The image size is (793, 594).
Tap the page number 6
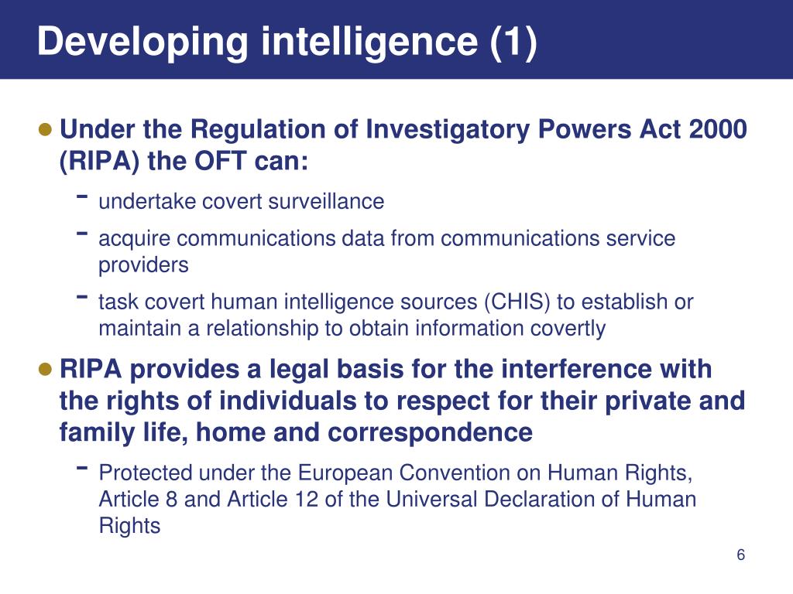point(740,556)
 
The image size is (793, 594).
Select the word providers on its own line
point(143,265)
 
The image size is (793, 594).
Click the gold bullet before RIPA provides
point(46,368)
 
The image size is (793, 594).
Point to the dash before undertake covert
point(81,197)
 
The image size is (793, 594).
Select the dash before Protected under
point(81,468)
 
